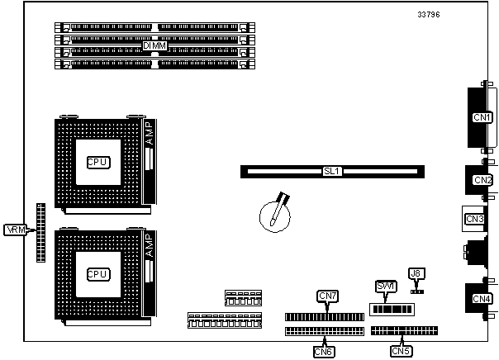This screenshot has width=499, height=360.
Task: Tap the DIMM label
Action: tap(154, 45)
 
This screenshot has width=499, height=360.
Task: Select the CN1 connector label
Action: tap(482, 118)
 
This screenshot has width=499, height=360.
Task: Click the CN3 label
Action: tap(474, 219)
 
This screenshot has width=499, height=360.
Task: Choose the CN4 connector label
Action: tap(482, 298)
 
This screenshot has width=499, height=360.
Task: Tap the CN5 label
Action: tap(401, 351)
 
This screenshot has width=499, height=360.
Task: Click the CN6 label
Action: tap(324, 351)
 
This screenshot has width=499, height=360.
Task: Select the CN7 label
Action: tap(327, 296)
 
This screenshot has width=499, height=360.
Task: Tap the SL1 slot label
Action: tap(332, 171)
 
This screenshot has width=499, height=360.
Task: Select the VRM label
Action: tap(16, 229)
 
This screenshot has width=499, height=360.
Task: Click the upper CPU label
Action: tap(97, 161)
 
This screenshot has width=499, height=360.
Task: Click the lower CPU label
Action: tap(97, 273)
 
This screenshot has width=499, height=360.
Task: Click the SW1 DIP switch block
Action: tap(391, 309)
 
